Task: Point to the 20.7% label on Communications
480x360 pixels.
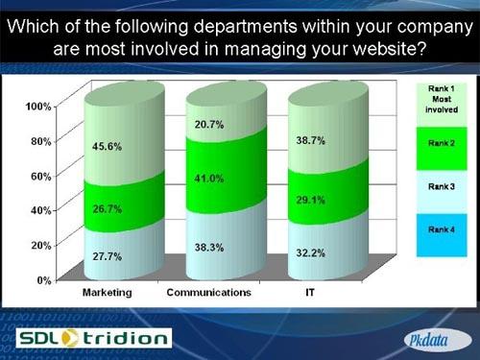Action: [209, 125]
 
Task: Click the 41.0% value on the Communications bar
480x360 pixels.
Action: [208, 179]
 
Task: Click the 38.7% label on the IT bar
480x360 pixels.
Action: [311, 140]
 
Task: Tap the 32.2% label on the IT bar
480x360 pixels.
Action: [311, 254]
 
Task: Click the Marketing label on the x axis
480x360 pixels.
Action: [107, 291]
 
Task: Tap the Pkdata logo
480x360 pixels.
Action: [431, 338]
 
